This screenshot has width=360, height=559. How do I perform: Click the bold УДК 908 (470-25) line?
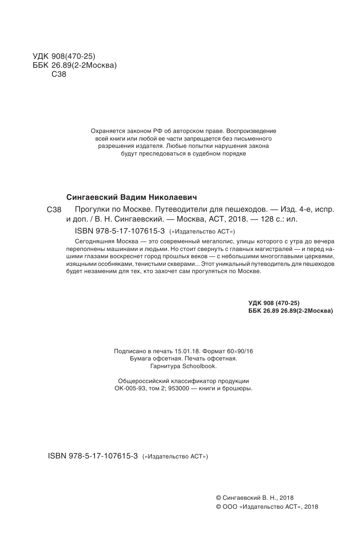click(x=274, y=303)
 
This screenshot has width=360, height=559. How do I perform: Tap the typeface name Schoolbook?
click(x=200, y=366)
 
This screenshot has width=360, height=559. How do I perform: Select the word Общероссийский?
click(x=143, y=381)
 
